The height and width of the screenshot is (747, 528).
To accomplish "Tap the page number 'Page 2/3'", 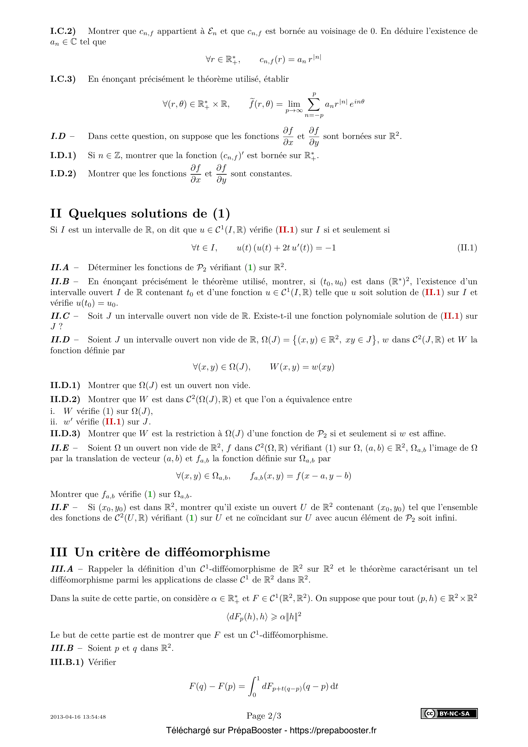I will click(264, 716).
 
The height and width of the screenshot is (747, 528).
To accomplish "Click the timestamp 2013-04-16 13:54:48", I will click(78, 717).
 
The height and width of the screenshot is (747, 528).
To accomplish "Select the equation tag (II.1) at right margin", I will click(467, 248).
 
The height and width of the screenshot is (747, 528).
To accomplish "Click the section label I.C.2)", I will click(63, 31).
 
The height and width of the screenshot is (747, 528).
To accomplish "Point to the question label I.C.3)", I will click(63, 79).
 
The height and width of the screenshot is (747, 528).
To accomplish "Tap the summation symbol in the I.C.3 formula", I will click(314, 104).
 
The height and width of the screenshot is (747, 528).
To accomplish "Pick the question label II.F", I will click(60, 507).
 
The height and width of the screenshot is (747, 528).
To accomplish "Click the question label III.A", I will click(62, 569).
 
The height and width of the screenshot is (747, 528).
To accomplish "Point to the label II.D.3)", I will click(65, 434).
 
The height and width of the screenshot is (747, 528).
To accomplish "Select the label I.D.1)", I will click(63, 156).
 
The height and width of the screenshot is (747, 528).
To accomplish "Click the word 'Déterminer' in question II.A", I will click(109, 267).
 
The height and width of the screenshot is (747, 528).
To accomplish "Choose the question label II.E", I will click(60, 448).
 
